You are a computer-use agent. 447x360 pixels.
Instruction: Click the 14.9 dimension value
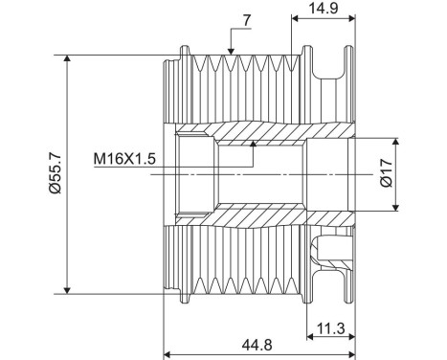pyautogui.click(x=322, y=9)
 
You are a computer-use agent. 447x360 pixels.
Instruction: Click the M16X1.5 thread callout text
pyautogui.click(x=126, y=159)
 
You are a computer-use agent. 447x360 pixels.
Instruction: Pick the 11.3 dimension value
pyautogui.click(x=330, y=327)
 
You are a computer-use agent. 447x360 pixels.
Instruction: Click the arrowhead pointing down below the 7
pyautogui.click(x=230, y=49)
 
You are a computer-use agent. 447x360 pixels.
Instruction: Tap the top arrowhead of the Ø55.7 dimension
pyautogui.click(x=67, y=59)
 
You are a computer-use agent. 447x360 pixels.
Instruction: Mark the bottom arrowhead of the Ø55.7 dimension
pyautogui.click(x=67, y=289)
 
